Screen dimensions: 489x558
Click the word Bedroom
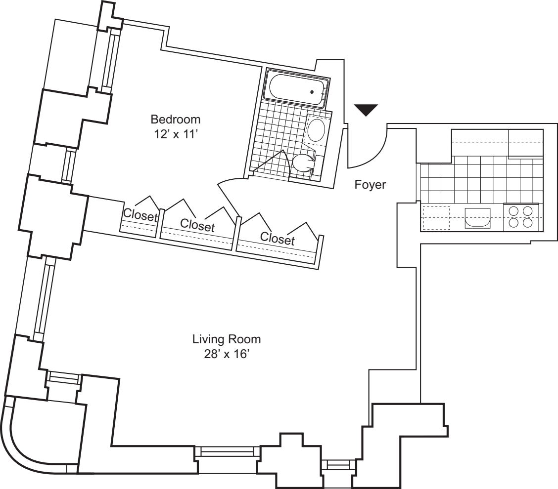pos(176,120)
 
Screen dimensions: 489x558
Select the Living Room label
pos(227,340)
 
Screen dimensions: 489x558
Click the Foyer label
pos(370,186)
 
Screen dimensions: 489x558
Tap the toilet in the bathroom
pos(303,162)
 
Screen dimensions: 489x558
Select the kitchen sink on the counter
pos(477,218)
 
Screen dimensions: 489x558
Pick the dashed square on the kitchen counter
pos(435,217)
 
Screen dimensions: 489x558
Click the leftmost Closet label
pos(140,215)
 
